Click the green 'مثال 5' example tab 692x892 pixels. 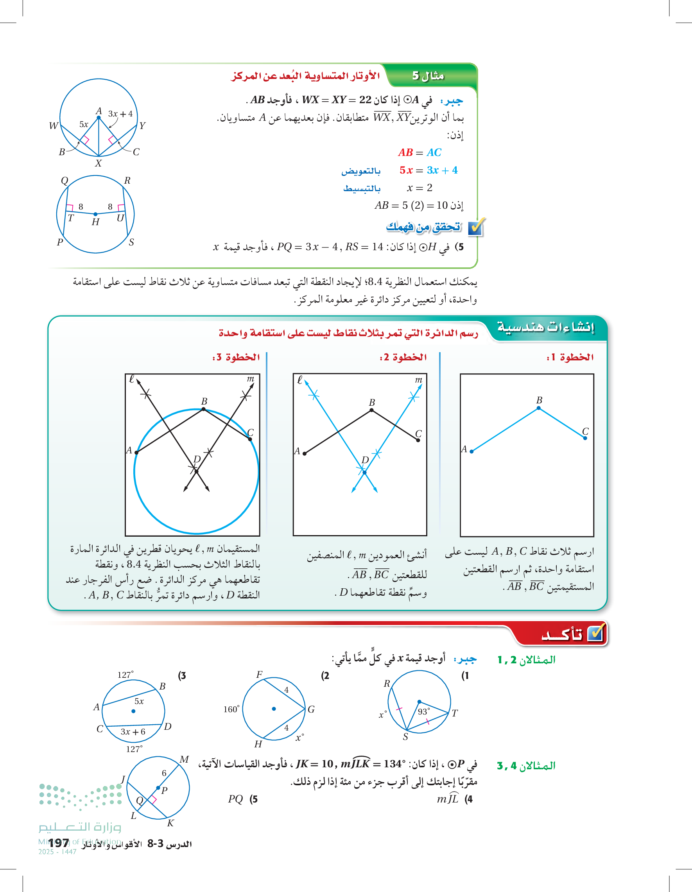pos(427,75)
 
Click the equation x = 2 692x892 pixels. pos(420,188)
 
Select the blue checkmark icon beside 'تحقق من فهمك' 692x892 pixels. pos(475,227)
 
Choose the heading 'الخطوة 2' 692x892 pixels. pos(403,357)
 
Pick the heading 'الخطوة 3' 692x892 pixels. pos(236,357)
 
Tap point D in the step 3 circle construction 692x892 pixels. pos(197,471)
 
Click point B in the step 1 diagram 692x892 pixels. pos(539,408)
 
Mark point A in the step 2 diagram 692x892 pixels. pos(305,453)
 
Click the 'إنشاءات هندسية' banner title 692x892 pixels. pos(545,327)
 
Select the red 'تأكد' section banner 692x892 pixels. pos(562,634)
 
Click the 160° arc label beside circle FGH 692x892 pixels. pos(231,709)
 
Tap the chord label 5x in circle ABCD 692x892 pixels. pos(139,701)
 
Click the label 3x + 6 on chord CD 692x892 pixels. pos(133,731)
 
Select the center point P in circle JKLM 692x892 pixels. pos(158,788)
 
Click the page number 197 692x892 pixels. pos(58,843)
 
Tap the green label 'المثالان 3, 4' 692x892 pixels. pos(526,766)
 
